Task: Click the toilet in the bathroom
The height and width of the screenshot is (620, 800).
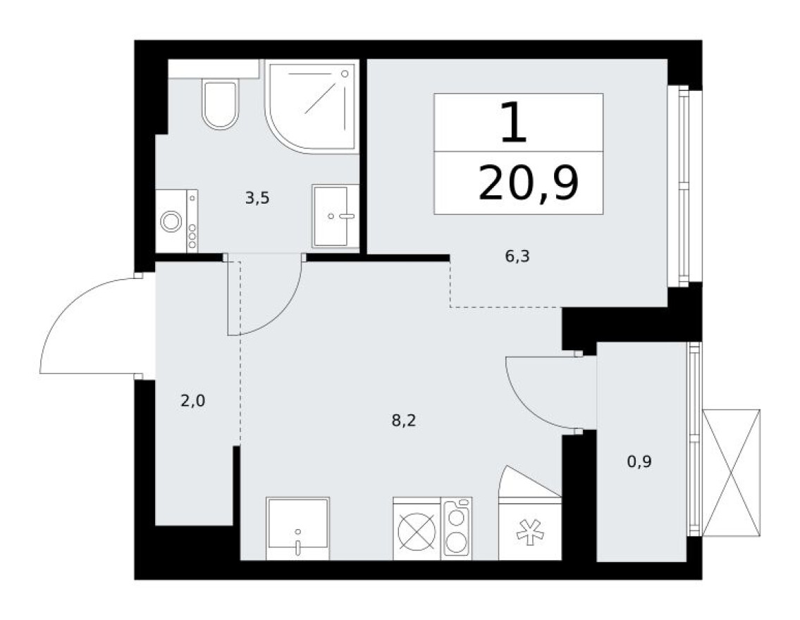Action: pyautogui.click(x=220, y=104)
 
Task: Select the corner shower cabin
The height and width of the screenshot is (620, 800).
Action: pyautogui.click(x=311, y=105)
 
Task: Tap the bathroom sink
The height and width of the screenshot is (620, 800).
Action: pyautogui.click(x=335, y=216)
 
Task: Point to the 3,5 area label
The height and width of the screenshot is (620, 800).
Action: pyautogui.click(x=257, y=199)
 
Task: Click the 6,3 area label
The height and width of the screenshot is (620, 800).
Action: pyautogui.click(x=517, y=256)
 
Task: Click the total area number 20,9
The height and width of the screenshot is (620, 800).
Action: pyautogui.click(x=528, y=183)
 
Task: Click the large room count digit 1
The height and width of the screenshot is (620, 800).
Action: pyautogui.click(x=513, y=122)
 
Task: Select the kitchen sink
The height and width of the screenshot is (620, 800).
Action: pyautogui.click(x=298, y=528)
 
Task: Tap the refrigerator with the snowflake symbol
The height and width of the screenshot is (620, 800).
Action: pyautogui.click(x=530, y=528)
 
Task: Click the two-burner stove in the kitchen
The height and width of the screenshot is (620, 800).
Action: pyautogui.click(x=457, y=528)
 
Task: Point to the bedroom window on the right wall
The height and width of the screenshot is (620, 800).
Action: pyautogui.click(x=682, y=186)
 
